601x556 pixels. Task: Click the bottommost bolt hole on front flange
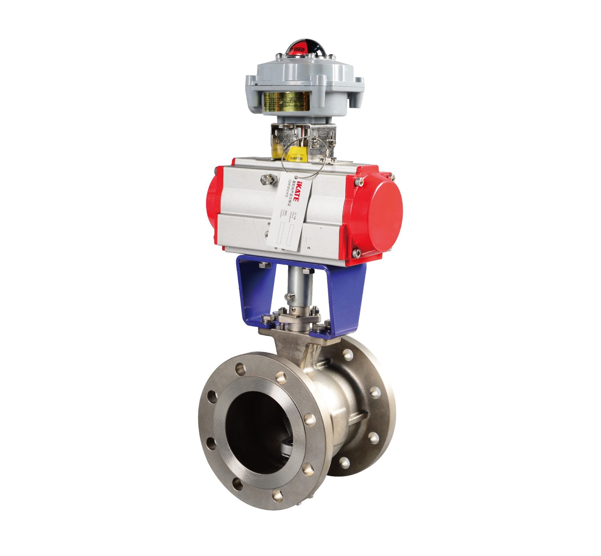(x=279, y=495)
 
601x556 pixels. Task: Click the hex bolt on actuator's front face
(x=265, y=180)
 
